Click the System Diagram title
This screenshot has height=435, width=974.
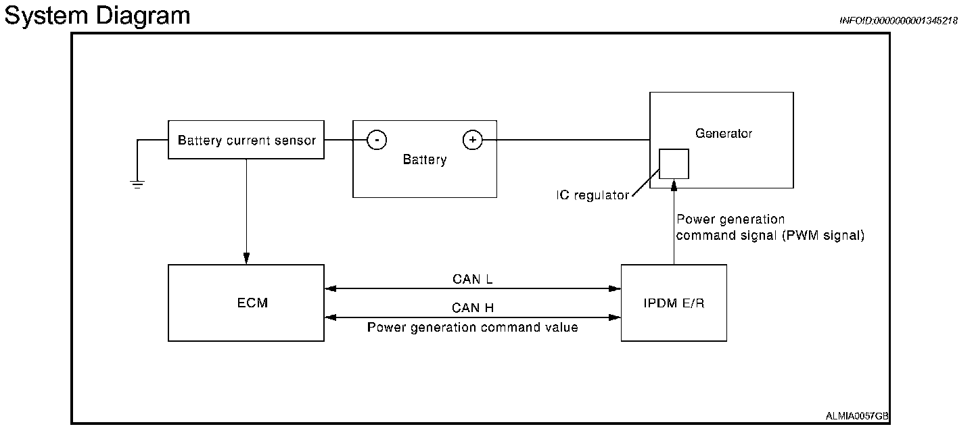point(97,15)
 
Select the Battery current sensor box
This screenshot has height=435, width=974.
point(246,140)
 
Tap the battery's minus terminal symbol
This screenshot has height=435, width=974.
point(377,140)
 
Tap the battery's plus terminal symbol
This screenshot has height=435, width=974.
point(472,140)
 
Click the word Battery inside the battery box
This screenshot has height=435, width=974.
point(425,160)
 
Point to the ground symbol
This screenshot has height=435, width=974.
point(137,182)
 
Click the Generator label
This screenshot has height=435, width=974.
point(723,134)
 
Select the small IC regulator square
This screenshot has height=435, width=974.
point(674,163)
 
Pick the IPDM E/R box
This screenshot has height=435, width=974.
point(674,303)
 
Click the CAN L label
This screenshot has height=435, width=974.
point(473,278)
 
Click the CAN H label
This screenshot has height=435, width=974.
point(473,308)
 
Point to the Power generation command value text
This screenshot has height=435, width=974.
point(473,328)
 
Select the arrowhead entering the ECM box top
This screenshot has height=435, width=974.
point(246,259)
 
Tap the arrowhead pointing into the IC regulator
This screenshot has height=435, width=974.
point(674,184)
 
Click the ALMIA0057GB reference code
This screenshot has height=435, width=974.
point(857,416)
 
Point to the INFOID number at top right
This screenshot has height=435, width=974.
point(898,21)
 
